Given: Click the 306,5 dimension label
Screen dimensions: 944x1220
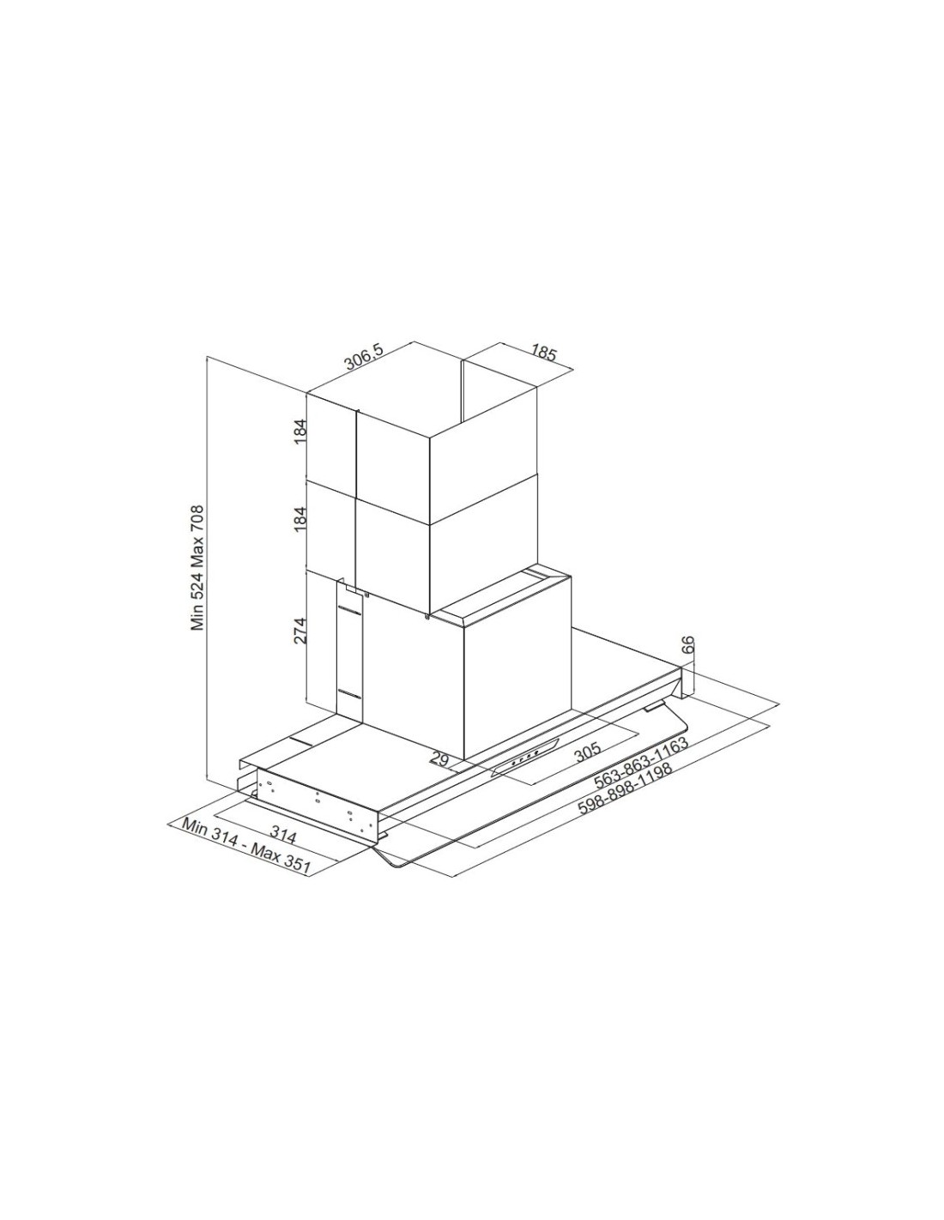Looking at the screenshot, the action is (363, 359).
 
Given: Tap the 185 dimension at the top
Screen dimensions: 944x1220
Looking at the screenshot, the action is (543, 354).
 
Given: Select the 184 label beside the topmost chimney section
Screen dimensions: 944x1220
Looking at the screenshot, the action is (301, 432).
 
